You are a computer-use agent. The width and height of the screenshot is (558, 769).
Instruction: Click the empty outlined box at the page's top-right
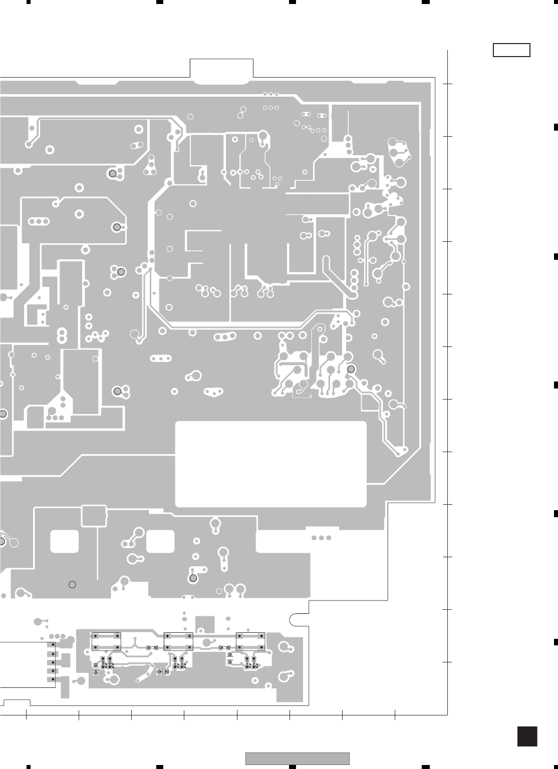pos(511,50)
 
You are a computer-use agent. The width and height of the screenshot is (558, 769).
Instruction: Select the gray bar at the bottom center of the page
pos(297,759)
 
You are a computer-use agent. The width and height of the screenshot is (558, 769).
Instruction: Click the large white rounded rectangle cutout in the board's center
pos(270,464)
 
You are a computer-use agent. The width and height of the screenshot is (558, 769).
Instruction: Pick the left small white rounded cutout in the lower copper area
pos(65,541)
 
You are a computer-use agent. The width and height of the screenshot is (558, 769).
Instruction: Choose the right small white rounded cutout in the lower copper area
pos(160,541)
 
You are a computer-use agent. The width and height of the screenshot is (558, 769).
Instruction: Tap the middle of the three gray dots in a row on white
pos(321,538)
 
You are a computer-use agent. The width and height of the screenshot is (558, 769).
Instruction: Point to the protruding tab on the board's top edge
pos(221,69)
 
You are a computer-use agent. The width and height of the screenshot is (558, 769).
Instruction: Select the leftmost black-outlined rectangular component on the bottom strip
pos(106,641)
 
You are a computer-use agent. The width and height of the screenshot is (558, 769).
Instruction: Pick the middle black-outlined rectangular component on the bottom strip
pos(178,641)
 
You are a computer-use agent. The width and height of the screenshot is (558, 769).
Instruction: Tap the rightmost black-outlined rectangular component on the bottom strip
pos(250,641)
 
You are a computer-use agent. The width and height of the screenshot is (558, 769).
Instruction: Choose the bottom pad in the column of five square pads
pos(51,679)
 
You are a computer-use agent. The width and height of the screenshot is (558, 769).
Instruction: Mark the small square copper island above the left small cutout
pos(94,516)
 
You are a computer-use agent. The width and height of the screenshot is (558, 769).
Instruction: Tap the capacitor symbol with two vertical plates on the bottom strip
pos(163,671)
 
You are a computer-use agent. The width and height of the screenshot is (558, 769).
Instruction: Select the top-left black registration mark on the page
pos(29,2)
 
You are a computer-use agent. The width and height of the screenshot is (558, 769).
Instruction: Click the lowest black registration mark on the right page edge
pos(555,641)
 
